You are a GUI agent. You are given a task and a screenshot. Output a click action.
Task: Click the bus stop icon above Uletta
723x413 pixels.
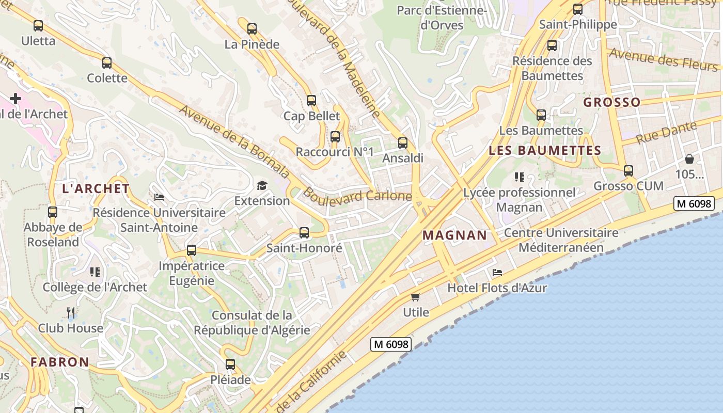pos(38,25)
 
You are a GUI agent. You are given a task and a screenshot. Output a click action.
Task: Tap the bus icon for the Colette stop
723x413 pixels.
pos(107,63)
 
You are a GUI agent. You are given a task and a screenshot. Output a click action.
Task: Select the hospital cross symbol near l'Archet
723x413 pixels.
pos(15,98)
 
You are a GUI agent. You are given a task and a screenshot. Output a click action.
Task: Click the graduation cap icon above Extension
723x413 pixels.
pos(262,185)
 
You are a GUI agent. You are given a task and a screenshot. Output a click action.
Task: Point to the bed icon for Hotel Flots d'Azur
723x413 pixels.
pos(497,273)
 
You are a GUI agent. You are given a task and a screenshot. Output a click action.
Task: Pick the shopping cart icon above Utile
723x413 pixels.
pos(416,297)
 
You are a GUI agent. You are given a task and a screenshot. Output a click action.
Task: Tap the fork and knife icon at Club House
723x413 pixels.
pos(71,312)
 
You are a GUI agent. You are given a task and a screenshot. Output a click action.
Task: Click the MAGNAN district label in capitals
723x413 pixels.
pos(454,235)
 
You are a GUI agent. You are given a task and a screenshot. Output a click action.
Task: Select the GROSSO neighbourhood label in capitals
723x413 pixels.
pos(612,102)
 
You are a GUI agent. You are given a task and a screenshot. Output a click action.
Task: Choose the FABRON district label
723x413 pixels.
pos(60,362)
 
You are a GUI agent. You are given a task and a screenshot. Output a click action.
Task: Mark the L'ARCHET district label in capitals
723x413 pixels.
pos(96,189)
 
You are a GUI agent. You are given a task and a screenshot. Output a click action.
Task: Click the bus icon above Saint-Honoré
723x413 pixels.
pos(304,233)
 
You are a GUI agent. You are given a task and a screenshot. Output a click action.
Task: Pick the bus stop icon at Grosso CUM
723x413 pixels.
pos(628,170)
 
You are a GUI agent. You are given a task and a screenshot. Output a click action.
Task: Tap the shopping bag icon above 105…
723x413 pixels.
pos(689,159)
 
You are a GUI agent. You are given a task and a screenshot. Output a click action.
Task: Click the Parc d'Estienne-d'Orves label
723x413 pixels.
pos(442,17)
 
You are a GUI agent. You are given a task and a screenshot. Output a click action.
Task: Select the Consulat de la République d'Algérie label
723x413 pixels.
pos(252,323)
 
